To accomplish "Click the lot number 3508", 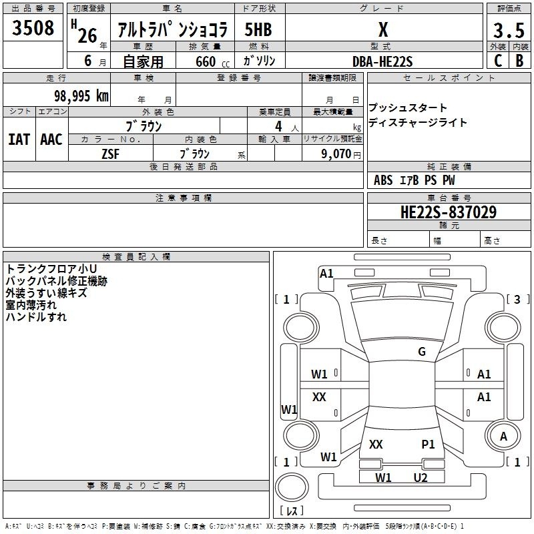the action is point(33,27).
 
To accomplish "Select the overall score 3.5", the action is point(509,30).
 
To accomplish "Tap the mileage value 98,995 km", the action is point(81,96).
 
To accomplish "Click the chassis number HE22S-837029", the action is point(449,212).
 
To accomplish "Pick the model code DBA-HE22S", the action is point(382,61).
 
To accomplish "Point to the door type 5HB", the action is point(258,29).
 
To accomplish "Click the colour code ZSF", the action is point(110,154).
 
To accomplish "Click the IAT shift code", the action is point(19,140).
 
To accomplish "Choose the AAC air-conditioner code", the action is point(51,140).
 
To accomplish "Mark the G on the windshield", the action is point(422,351).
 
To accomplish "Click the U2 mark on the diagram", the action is point(421,478).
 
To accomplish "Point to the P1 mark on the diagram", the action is point(428,444).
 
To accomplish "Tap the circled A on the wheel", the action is point(503,437).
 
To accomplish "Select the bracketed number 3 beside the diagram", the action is point(517,299).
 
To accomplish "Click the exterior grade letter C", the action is point(498,61).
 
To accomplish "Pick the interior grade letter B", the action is point(519,61).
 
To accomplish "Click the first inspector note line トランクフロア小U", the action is point(51,269).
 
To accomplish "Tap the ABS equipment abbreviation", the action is point(383,180).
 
